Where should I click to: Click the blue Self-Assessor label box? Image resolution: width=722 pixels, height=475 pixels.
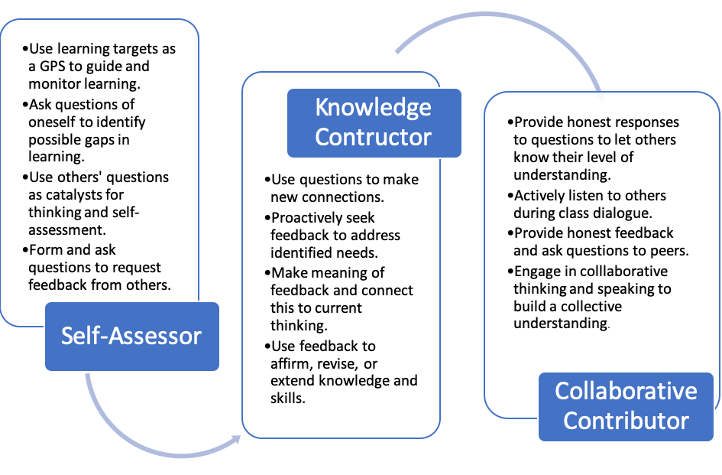click(132, 337)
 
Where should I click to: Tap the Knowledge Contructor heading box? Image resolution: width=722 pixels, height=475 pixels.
click(374, 122)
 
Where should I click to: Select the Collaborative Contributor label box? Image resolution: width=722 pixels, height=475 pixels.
click(626, 407)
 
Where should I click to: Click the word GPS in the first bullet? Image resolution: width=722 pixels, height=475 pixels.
click(53, 67)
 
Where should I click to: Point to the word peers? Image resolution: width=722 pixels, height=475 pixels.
click(669, 251)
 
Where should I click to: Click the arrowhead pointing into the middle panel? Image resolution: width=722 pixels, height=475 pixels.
click(236, 439)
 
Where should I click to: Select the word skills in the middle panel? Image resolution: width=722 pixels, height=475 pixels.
click(288, 398)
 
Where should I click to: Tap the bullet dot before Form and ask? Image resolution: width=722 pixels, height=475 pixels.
click(25, 250)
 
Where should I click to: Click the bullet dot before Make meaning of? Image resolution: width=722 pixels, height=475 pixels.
click(267, 273)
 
